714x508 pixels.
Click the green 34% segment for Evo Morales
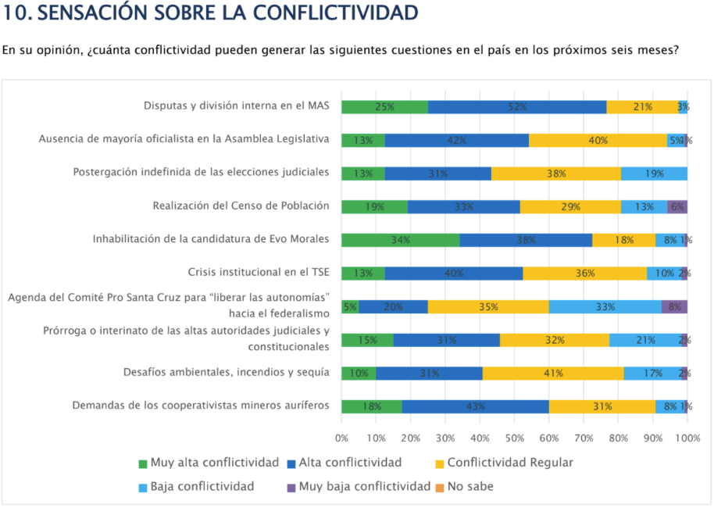coord(400,240)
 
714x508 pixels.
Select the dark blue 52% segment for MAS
coord(517,107)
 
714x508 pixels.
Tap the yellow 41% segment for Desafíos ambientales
coord(553,373)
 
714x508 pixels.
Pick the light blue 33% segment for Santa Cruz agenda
coord(605,306)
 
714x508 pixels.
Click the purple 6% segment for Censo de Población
coord(677,206)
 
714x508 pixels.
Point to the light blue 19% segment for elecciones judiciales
coord(655,174)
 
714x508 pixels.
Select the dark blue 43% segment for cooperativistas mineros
coord(475,406)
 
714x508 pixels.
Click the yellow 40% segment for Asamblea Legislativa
coord(598,140)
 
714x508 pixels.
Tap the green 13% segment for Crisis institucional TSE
coord(363,273)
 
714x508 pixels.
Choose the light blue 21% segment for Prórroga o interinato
coord(645,340)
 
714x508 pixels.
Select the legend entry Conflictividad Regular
coord(503,463)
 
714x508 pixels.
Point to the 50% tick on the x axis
coord(514,438)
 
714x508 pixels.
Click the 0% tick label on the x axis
coord(341,438)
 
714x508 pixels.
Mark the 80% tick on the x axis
coord(618,438)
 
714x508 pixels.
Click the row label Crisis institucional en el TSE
coord(258,273)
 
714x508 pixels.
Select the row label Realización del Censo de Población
coord(241,206)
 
